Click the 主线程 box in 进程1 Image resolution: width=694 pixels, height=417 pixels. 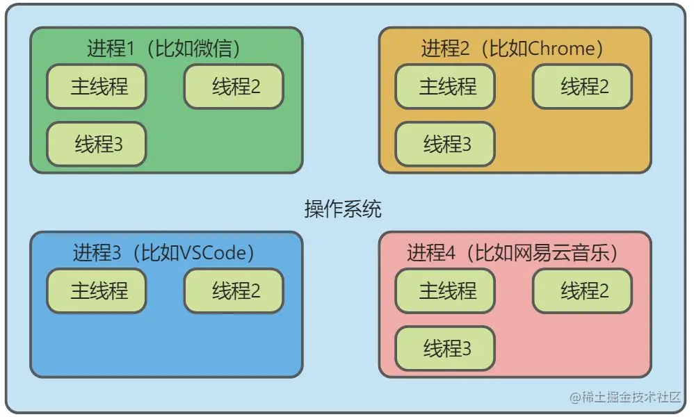(97, 87)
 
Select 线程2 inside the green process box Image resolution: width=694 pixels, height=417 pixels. (234, 87)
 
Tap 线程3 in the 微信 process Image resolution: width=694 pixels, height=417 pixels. (97, 145)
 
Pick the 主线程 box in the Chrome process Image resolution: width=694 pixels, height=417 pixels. (445, 87)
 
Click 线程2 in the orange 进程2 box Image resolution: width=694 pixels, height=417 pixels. (583, 87)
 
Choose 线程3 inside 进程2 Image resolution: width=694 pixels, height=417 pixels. (445, 145)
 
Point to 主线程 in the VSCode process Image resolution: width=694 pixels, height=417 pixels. (97, 291)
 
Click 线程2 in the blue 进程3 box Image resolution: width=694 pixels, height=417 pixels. (234, 291)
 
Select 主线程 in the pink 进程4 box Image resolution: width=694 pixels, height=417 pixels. (445, 291)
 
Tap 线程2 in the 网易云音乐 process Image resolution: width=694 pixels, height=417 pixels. (583, 291)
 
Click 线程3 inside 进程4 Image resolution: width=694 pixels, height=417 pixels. (445, 347)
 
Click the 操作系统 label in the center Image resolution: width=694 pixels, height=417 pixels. (343, 208)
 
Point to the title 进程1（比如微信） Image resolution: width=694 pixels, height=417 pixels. (164, 49)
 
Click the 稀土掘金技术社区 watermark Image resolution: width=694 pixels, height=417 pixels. (624, 397)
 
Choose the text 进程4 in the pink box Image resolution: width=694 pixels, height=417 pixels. (431, 253)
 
